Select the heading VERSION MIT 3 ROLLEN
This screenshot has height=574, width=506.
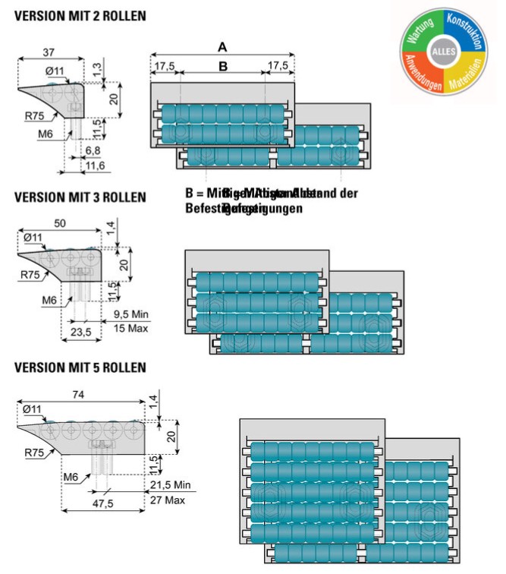[x=80, y=197]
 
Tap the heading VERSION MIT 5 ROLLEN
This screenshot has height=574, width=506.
[x=80, y=367]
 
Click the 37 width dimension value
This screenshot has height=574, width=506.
[x=49, y=52]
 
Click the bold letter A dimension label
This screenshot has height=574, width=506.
[x=222, y=47]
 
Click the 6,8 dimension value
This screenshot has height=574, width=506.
[x=91, y=152]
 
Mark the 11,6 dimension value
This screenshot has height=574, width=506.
[x=94, y=165]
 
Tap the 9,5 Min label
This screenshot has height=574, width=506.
[x=130, y=314]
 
